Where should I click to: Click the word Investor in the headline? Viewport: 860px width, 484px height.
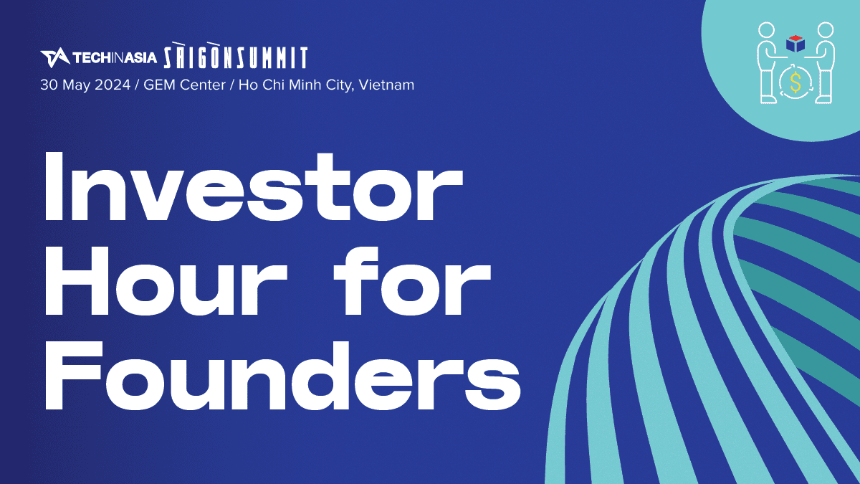[254, 187]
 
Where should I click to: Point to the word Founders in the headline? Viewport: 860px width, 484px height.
[283, 375]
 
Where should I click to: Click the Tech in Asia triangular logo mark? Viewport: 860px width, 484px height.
[55, 57]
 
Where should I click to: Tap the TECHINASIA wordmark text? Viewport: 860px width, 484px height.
[115, 58]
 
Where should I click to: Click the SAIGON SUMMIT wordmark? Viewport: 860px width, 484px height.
[236, 55]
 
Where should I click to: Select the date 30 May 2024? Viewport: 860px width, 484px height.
[85, 85]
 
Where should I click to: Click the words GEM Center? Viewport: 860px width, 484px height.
[184, 85]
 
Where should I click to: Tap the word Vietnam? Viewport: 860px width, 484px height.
[386, 85]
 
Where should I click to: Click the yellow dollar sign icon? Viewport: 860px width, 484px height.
[796, 82]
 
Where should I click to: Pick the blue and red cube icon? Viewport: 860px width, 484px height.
[795, 44]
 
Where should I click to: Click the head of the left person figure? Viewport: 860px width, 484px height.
[767, 30]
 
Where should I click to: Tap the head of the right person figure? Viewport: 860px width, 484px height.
[825, 30]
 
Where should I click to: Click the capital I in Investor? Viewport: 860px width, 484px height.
[54, 186]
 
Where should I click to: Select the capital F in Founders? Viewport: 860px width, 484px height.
[73, 375]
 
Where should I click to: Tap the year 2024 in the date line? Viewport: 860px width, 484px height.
[113, 85]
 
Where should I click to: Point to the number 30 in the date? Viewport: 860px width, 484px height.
[49, 85]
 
